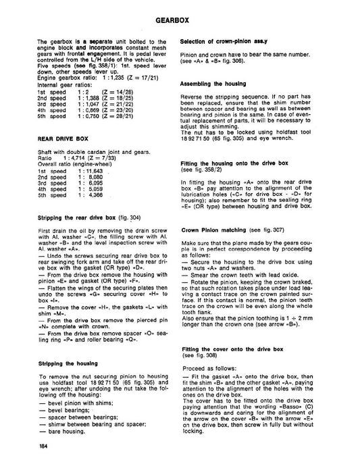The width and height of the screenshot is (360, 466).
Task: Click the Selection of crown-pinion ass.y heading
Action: [x=224, y=42]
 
